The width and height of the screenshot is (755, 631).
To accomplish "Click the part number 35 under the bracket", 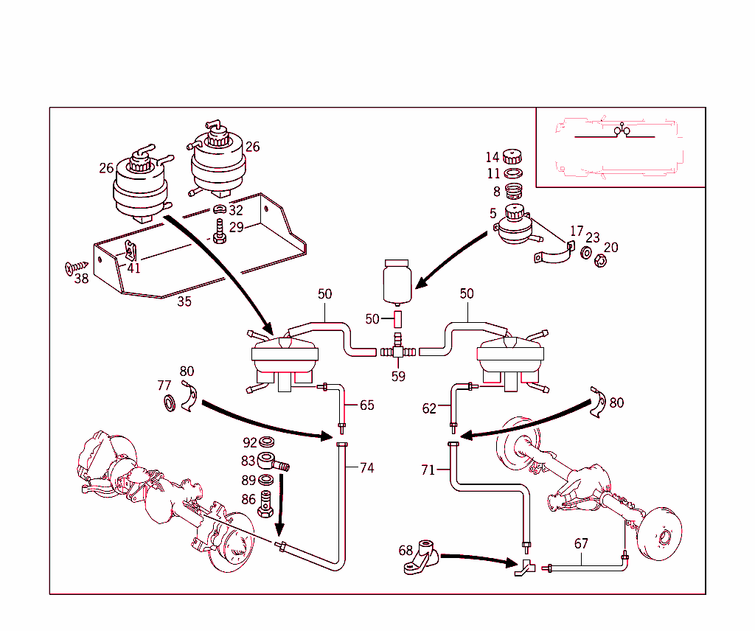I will (184, 301).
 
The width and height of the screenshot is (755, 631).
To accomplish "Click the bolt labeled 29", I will (218, 230).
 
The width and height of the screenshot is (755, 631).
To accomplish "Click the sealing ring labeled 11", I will (513, 174).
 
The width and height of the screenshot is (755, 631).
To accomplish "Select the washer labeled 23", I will (585, 254).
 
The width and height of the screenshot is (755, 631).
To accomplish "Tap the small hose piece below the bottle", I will (397, 319).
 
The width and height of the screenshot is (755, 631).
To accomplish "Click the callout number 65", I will (366, 405).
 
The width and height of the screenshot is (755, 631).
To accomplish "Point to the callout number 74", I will (366, 468).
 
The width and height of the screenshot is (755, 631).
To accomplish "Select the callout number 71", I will (428, 470).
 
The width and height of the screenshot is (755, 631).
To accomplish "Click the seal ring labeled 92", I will (268, 443).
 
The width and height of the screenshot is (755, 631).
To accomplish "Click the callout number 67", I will (581, 543).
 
